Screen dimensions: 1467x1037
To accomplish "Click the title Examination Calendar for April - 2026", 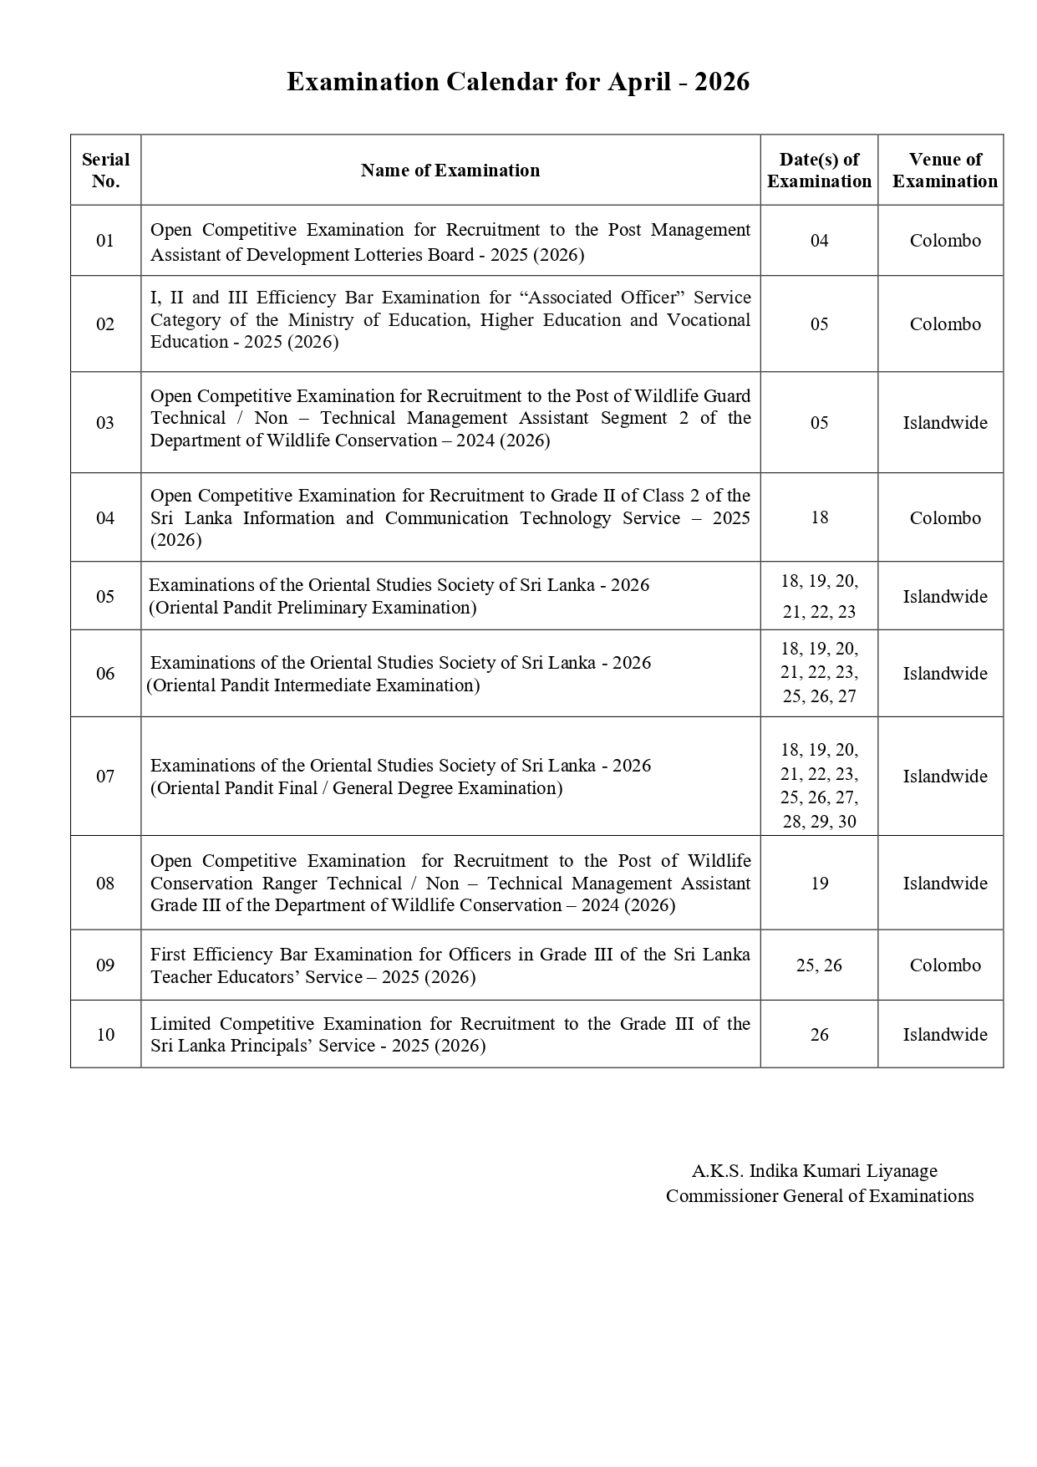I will click(518, 82).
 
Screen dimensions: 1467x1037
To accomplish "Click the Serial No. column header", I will click(105, 170).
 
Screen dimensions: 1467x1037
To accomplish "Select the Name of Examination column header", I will click(450, 171).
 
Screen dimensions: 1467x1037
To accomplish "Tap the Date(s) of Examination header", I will click(819, 170).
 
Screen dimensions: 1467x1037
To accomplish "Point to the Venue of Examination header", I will click(944, 170).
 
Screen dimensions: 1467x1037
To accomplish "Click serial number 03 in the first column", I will click(105, 422).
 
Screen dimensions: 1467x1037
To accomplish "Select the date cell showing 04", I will click(819, 241).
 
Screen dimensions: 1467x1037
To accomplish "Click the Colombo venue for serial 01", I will click(944, 241).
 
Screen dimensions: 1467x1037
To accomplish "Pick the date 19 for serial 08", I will click(819, 884).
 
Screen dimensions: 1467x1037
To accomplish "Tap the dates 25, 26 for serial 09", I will click(819, 965).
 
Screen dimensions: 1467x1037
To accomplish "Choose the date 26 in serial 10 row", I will click(819, 1035).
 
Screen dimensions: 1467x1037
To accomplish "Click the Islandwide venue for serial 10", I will click(944, 1035).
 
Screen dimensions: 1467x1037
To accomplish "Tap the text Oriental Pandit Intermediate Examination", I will click(313, 685).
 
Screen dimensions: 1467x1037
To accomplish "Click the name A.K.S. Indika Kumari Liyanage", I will click(814, 1170).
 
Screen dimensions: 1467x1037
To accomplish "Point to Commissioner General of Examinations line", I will click(819, 1196).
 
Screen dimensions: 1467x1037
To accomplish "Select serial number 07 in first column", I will click(105, 776).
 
